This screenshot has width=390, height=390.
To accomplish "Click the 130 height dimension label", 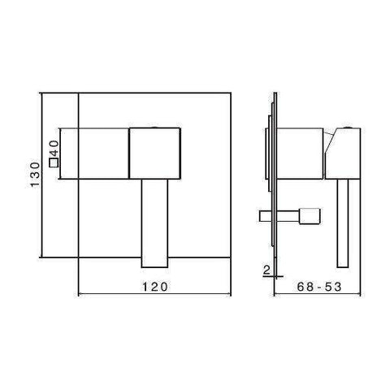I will (35, 175).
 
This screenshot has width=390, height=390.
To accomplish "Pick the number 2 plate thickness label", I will (266, 271).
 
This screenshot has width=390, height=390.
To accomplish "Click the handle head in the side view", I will (346, 154).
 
